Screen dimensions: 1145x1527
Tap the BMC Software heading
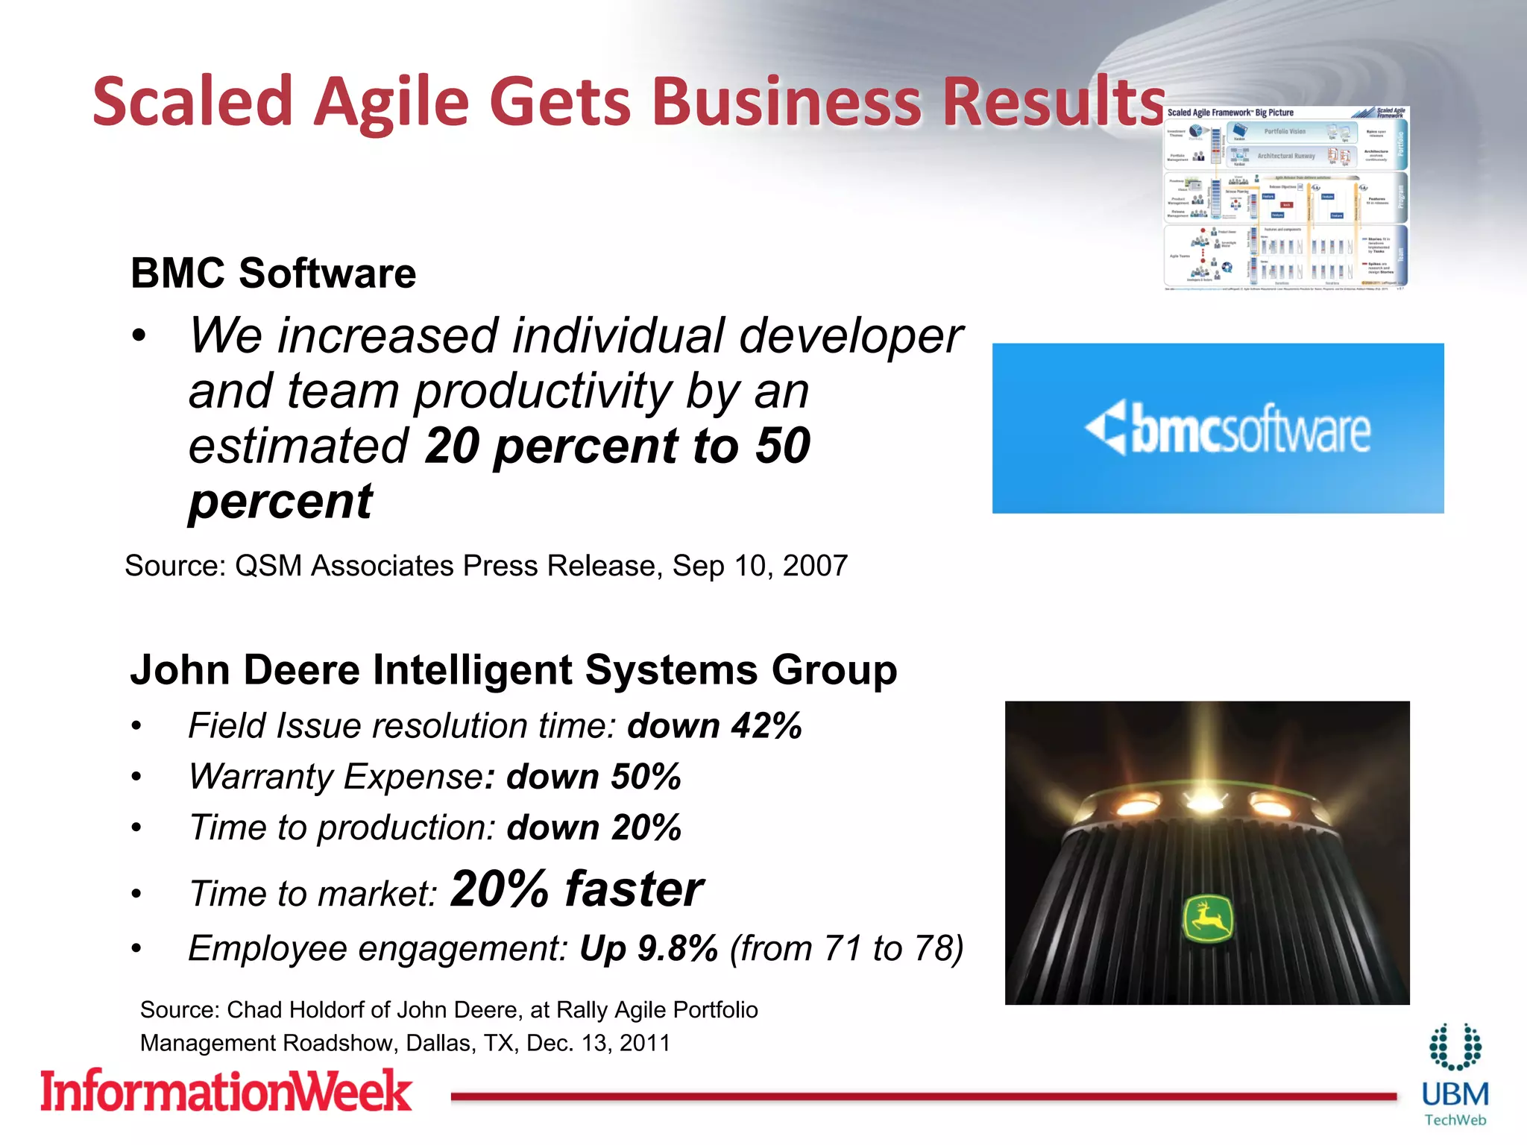(273, 273)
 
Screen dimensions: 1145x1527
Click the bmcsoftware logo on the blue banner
(1227, 429)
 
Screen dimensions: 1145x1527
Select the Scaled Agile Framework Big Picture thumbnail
(1286, 198)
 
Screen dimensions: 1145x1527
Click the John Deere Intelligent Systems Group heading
(513, 669)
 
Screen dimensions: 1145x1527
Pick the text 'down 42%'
(714, 726)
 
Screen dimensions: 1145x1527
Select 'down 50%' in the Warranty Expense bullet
(594, 777)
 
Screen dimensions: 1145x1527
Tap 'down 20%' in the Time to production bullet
(594, 827)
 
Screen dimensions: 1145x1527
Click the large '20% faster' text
(577, 889)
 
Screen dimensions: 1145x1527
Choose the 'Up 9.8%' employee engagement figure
(649, 949)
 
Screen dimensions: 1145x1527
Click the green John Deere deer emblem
(1208, 920)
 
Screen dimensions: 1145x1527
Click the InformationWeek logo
(226, 1091)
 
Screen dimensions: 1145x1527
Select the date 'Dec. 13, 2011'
(598, 1043)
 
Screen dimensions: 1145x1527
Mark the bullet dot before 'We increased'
(139, 336)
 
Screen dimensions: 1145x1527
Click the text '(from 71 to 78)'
(846, 949)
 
